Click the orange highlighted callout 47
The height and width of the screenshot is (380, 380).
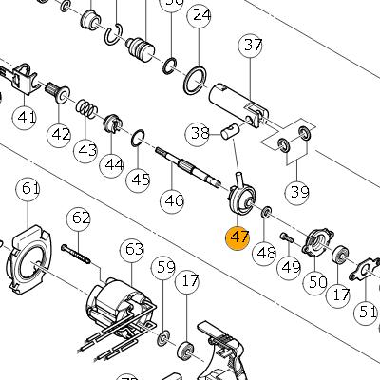[x=237, y=237]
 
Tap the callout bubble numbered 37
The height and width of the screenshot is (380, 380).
[x=250, y=46]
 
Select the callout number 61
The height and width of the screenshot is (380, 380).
[x=28, y=189]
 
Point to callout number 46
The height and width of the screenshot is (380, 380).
[x=172, y=200]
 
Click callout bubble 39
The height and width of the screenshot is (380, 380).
[x=297, y=193]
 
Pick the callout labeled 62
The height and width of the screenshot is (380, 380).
[x=78, y=218]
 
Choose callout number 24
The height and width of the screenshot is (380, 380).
[x=199, y=15]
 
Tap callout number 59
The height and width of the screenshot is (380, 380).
[x=163, y=268]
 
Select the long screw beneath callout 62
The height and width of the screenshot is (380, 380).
[x=76, y=254]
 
